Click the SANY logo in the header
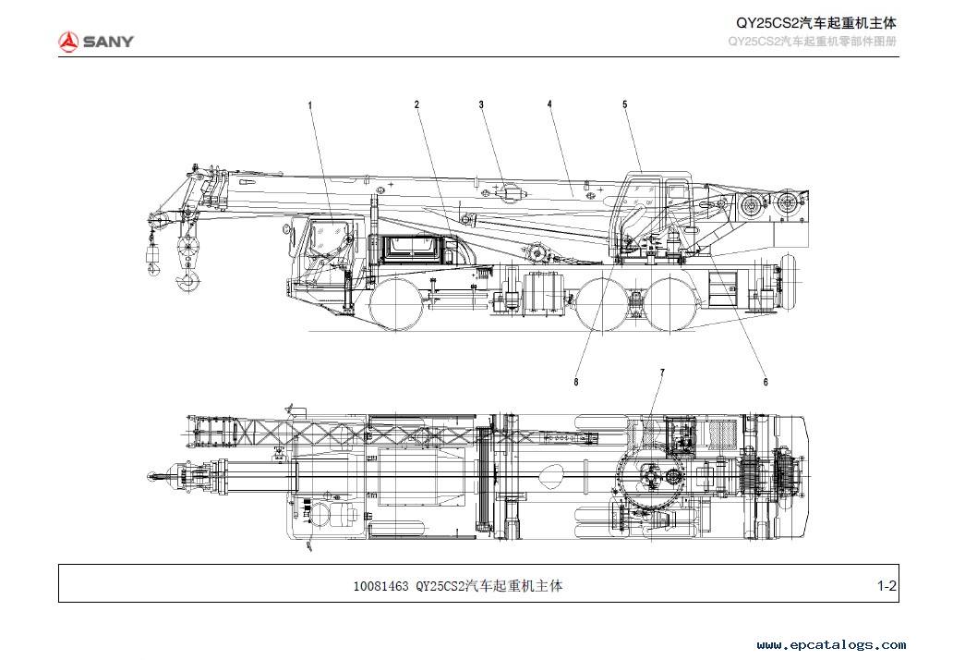tap(95, 42)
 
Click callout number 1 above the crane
tap(310, 105)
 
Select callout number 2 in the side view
tap(417, 104)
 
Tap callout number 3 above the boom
tap(481, 104)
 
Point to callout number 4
tap(550, 104)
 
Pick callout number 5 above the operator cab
tap(625, 104)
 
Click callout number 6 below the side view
tap(766, 382)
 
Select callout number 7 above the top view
tap(662, 373)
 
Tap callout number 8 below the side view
tap(576, 382)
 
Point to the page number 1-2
tap(887, 586)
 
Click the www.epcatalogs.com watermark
tap(831, 645)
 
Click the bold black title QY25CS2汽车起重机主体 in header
tap(816, 23)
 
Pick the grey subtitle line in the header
tap(812, 42)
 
